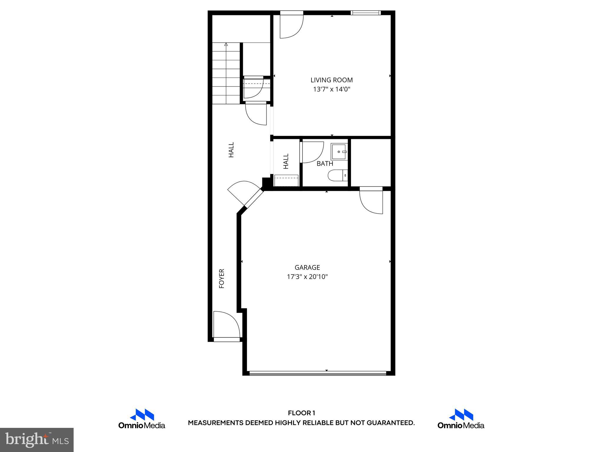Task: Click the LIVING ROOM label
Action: click(x=332, y=80)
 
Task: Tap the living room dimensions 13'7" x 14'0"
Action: click(x=332, y=89)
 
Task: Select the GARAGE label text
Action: click(x=307, y=267)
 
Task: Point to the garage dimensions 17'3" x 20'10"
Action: click(x=307, y=277)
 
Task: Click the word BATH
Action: click(x=325, y=164)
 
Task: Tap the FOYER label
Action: click(x=222, y=278)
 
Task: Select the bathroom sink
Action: click(x=339, y=152)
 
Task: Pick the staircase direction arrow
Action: click(x=226, y=45)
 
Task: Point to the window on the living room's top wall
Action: click(x=365, y=13)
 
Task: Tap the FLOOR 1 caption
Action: click(x=301, y=413)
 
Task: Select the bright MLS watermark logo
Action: click(x=37, y=440)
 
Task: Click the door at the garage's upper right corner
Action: click(x=371, y=201)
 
